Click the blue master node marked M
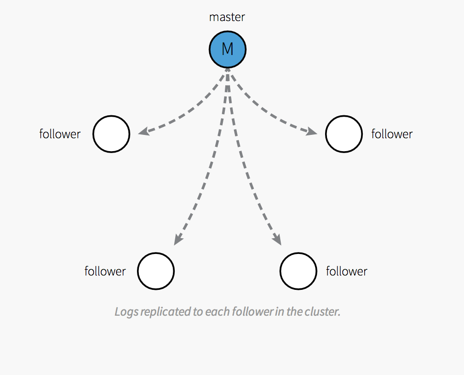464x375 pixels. pos(228,49)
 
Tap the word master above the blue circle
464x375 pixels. pos(227,17)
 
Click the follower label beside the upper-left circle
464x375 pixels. pos(60,134)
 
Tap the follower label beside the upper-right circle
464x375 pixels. pos(392,134)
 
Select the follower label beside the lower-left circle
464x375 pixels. pos(105,271)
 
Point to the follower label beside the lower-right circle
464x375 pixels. pos(347,271)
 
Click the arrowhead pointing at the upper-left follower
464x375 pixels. pos(143,132)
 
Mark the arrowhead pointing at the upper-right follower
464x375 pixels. pos(312,132)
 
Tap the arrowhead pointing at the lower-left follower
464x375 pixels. pos(178,239)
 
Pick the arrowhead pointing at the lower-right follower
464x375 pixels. pos(277,239)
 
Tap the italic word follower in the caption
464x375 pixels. pos(253,312)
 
